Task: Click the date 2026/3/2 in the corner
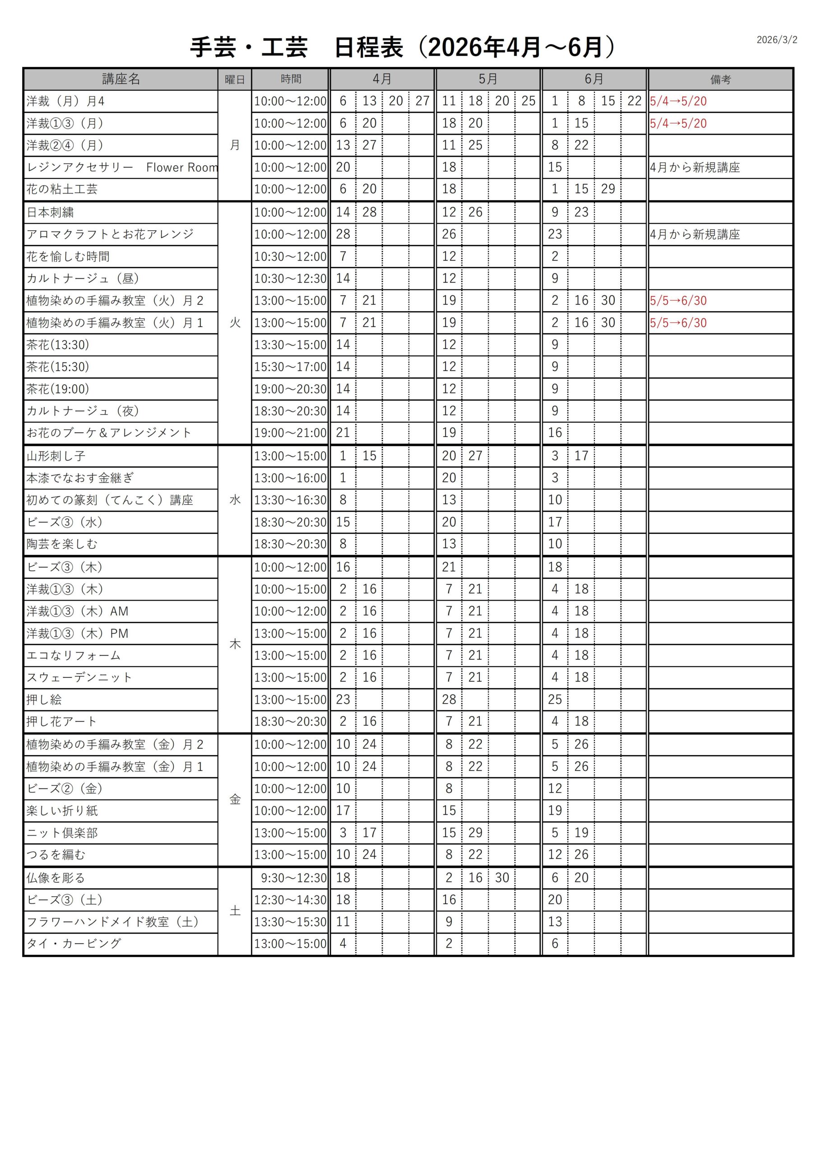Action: point(776,40)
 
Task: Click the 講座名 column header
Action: point(121,79)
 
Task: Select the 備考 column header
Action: point(720,79)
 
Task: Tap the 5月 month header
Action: point(488,79)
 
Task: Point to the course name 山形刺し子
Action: point(56,456)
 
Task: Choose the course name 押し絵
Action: point(44,699)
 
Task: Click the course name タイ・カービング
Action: point(74,943)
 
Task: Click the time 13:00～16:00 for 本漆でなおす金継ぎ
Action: point(290,478)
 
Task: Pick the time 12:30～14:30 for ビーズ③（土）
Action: point(290,900)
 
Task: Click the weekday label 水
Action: point(235,500)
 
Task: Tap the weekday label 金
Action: point(235,800)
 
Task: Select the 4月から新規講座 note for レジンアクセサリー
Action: point(695,168)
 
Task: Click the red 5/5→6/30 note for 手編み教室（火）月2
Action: point(678,301)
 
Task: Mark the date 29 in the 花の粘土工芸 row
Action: point(608,189)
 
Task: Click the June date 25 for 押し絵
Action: point(555,699)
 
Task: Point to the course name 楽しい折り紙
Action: point(62,811)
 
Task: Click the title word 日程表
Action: point(368,48)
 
